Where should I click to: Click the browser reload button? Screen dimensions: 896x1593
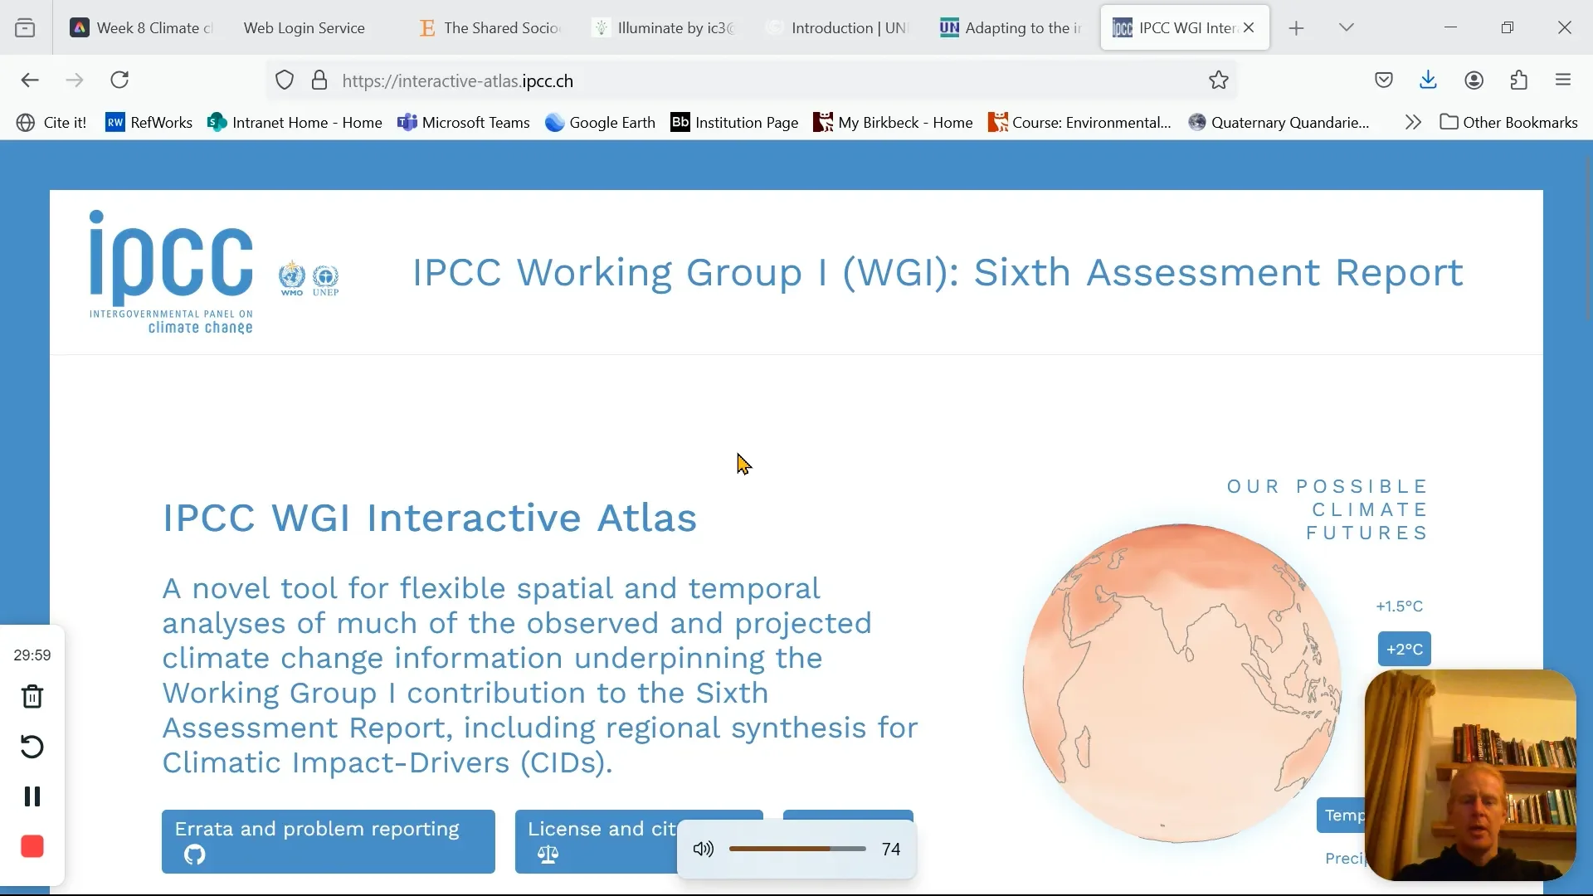(120, 80)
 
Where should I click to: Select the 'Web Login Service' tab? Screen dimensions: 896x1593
(304, 28)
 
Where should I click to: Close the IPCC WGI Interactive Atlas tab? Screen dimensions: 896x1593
(1250, 28)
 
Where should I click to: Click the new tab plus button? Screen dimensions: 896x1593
(1297, 29)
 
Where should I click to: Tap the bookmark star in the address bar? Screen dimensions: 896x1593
(1219, 80)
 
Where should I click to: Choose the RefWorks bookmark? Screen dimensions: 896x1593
(149, 123)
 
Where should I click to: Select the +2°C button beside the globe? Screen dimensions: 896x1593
(1405, 650)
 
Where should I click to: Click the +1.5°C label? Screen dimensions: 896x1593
(1400, 606)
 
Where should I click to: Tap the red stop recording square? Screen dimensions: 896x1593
(32, 847)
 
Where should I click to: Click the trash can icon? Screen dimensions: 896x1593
(32, 697)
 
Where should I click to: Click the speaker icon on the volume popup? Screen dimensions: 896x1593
(704, 849)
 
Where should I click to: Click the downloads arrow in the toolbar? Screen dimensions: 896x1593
(1429, 80)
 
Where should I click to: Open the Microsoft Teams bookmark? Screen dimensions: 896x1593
(464, 123)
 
